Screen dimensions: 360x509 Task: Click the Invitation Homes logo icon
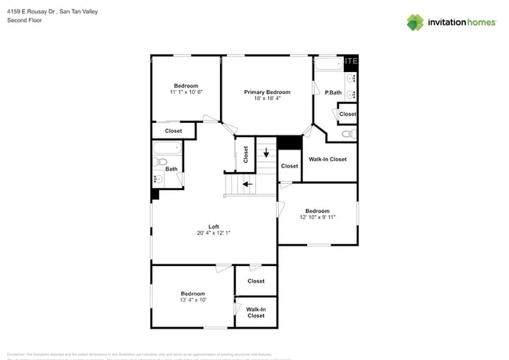(415, 22)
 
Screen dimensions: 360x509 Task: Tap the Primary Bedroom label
(267, 92)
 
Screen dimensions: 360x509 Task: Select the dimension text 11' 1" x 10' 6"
(186, 92)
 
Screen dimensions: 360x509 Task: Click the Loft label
(213, 226)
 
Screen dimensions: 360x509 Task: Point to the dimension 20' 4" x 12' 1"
(213, 233)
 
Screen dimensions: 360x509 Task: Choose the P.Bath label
(333, 93)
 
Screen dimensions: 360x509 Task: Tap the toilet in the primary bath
(347, 134)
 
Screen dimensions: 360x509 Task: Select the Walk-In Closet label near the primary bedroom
(327, 160)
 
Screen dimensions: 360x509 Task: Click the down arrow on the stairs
(266, 151)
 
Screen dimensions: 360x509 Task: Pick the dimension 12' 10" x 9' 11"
(317, 218)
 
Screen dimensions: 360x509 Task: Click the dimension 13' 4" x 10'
(193, 300)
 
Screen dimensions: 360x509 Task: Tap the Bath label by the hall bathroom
(171, 169)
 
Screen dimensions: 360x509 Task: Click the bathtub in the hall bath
(167, 148)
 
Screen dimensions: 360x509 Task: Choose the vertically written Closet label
(245, 154)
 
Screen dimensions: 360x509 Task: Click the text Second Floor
(24, 20)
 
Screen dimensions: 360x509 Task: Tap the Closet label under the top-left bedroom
(173, 131)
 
